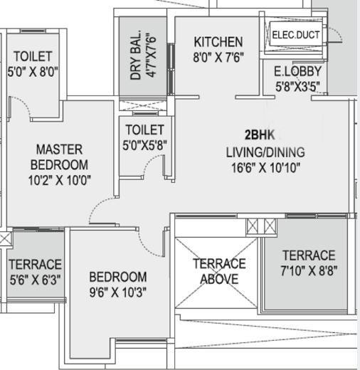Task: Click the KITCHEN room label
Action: (218, 42)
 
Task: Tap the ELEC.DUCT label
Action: (296, 35)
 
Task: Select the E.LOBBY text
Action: (297, 71)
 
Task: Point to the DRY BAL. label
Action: (136, 55)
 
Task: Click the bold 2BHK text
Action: (260, 135)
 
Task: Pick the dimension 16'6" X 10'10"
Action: (265, 168)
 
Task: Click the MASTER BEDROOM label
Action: (59, 157)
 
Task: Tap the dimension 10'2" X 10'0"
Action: (59, 180)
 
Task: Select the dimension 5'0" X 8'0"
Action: (33, 71)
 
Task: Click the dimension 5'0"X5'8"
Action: (144, 144)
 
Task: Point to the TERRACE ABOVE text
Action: (219, 271)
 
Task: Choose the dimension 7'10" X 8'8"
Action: (309, 270)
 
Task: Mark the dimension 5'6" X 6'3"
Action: (35, 280)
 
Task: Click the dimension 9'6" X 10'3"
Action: (118, 292)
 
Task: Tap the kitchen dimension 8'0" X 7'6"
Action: (218, 57)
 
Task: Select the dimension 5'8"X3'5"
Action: (297, 86)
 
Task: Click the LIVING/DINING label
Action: (265, 152)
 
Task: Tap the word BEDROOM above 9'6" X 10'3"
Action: (118, 277)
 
